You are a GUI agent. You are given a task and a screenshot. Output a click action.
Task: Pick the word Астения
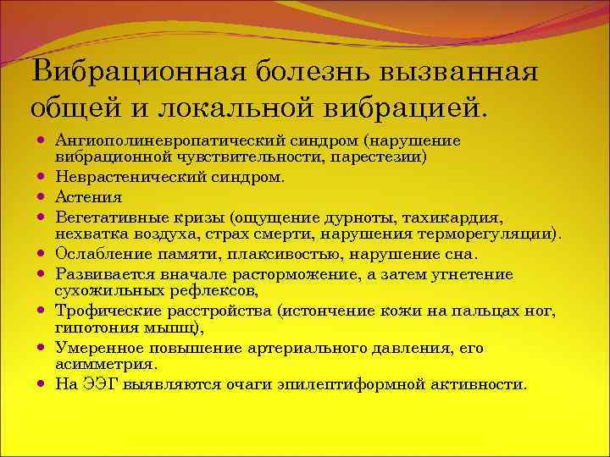tap(88, 197)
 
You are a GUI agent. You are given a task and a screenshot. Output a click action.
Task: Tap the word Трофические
tap(97, 311)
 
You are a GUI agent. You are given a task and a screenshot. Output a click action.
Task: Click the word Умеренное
tap(92, 347)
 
